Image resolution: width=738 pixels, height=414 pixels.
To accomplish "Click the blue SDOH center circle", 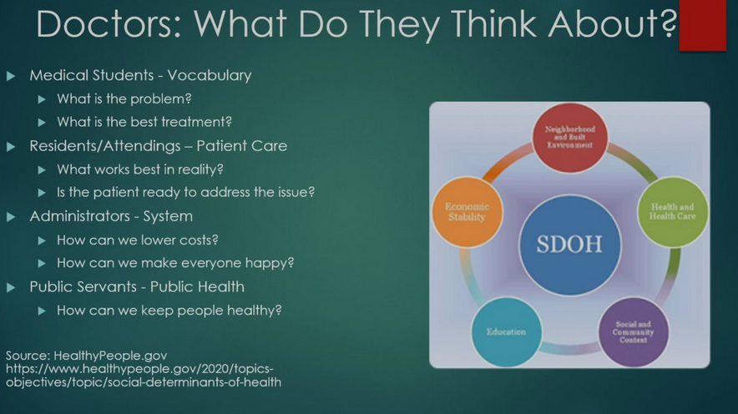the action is click(569, 245).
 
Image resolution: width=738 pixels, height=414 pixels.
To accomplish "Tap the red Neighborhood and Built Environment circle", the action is click(570, 138).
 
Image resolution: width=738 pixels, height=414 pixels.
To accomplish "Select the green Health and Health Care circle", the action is click(673, 212).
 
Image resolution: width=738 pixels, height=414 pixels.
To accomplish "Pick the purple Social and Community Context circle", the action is click(633, 332).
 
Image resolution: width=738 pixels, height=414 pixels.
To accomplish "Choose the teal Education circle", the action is click(507, 331).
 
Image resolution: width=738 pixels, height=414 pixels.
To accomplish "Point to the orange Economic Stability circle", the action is click(467, 212).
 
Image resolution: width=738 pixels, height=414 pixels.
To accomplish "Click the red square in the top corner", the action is click(703, 24).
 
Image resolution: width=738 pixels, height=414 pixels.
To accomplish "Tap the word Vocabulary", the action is click(210, 76).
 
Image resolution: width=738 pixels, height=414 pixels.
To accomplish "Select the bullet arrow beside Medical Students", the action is click(11, 76).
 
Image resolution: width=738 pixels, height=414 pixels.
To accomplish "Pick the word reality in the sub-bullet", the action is click(200, 169).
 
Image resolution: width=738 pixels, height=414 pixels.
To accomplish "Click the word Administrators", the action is click(79, 216).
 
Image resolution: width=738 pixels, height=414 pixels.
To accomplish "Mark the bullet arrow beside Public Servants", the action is click(11, 287).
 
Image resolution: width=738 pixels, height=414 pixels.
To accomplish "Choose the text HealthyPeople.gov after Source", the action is click(110, 356).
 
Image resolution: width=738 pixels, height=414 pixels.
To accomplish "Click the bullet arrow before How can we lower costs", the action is click(42, 240).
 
